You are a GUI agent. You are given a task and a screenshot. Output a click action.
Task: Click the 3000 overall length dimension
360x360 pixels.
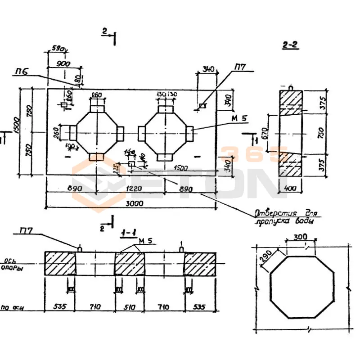[135, 203]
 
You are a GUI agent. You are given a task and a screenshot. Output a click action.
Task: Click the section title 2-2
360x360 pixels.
[291, 45]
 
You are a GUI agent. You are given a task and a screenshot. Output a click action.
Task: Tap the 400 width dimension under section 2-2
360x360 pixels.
[291, 189]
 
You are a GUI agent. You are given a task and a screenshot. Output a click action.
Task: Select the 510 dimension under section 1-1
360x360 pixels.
[129, 307]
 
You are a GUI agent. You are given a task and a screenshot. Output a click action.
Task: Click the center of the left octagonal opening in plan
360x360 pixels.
[97, 132]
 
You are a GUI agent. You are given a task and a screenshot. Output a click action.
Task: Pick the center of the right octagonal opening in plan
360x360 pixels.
[166, 132]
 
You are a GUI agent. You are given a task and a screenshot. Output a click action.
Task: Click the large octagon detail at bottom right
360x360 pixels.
[301, 287]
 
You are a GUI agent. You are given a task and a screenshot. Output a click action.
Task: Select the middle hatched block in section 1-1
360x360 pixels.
[129, 263]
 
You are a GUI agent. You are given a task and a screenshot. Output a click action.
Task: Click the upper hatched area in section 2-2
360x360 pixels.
[291, 101]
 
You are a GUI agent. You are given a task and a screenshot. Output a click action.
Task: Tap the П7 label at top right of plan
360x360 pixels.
[239, 67]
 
